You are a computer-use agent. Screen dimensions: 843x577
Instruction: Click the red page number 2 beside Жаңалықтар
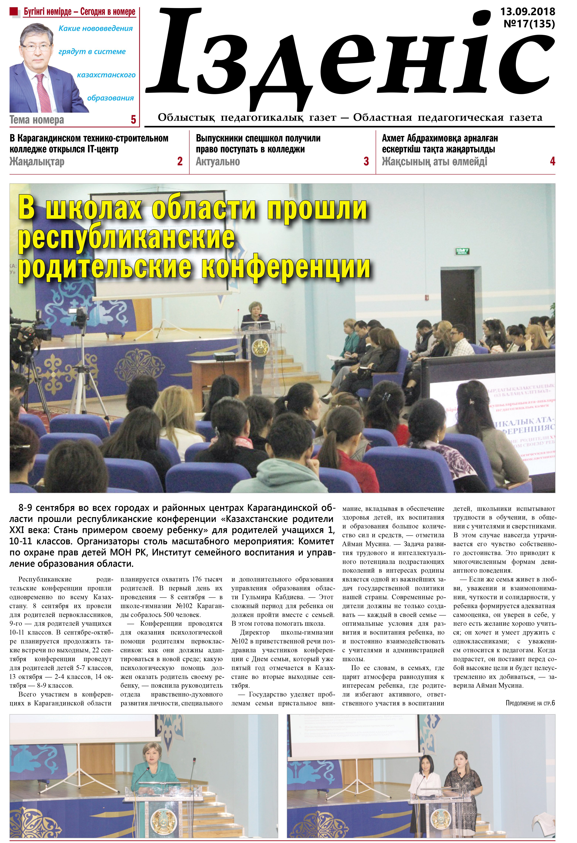[x=180, y=161]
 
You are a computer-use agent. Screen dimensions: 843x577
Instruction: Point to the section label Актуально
[x=218, y=162]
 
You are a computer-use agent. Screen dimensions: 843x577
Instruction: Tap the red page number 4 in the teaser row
[x=552, y=161]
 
